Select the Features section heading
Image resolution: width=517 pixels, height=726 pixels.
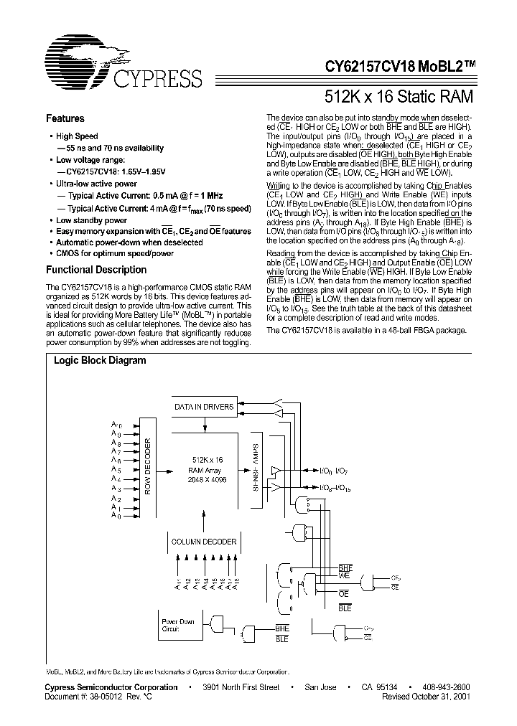tap(65, 118)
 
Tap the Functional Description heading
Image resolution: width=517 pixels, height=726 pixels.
tap(96, 270)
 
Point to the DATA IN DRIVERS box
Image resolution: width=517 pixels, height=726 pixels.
tap(204, 407)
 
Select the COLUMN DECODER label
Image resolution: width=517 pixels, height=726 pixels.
tap(203, 542)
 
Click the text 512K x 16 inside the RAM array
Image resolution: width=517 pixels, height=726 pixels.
tap(208, 458)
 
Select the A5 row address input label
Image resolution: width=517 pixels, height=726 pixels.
tap(116, 468)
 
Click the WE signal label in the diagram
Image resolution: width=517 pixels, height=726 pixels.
tap(344, 575)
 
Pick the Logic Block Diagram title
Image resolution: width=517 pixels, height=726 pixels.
tap(100, 361)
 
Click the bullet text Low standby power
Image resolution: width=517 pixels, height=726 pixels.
tap(91, 220)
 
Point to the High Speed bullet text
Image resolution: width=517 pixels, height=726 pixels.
tap(77, 136)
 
